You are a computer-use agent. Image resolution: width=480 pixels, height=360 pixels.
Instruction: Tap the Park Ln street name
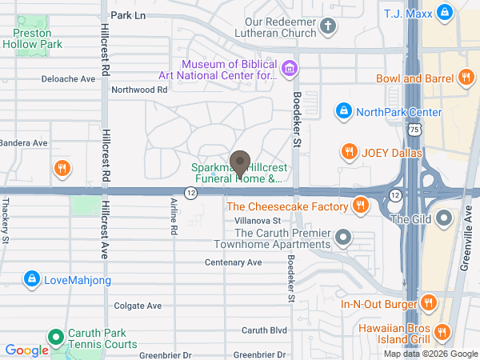(x=129, y=15)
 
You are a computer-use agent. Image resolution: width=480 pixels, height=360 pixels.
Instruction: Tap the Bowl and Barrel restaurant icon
(x=466, y=78)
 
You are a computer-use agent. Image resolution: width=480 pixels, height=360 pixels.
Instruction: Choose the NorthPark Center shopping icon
(x=343, y=110)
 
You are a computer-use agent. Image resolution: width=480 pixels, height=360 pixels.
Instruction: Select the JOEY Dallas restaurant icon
(x=349, y=151)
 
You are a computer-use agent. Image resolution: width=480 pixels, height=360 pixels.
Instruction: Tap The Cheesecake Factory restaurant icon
(x=361, y=206)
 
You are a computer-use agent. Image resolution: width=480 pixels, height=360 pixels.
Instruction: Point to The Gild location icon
(x=446, y=218)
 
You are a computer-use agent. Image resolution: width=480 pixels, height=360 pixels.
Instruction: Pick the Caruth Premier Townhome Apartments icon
(x=344, y=237)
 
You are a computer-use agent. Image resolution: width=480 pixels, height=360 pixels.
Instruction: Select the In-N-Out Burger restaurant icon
(x=428, y=303)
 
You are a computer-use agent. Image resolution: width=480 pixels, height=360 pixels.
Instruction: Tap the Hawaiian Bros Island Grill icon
(x=442, y=330)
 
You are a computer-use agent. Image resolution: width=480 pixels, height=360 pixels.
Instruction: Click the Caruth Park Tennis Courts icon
(x=55, y=338)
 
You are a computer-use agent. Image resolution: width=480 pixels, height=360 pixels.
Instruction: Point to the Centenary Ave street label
(x=233, y=262)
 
